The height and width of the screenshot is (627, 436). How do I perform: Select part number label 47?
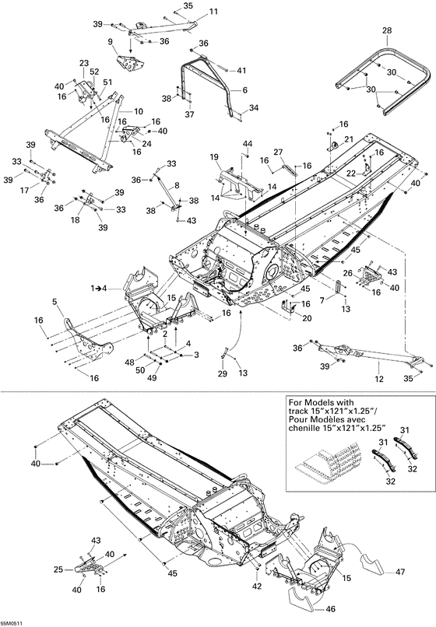click(x=400, y=573)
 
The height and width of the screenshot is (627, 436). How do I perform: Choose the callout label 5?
click(x=54, y=302)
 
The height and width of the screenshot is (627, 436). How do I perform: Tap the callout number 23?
click(x=84, y=63)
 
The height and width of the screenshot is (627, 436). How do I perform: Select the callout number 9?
click(x=111, y=40)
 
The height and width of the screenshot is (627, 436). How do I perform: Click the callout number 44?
click(x=247, y=145)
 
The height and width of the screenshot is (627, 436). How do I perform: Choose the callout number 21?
click(x=349, y=138)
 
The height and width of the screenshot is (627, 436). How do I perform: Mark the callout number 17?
click(x=24, y=189)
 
